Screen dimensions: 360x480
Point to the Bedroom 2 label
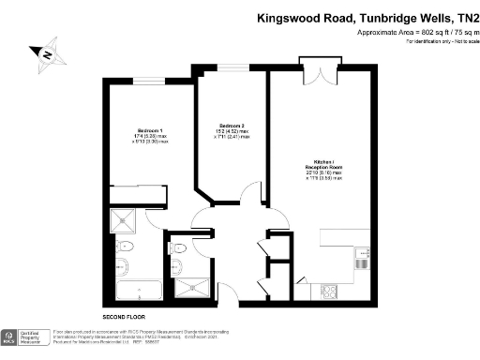click(232, 127)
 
